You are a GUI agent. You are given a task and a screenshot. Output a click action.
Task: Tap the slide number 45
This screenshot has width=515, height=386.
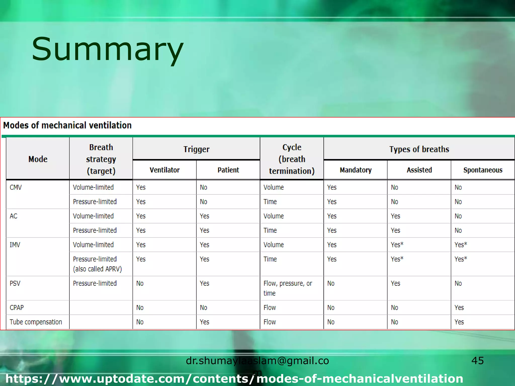[477, 361]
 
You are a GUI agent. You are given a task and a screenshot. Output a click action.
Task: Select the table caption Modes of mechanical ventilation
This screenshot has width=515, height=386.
[67, 125]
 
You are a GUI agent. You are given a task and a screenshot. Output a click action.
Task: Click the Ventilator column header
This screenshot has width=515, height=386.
[164, 170]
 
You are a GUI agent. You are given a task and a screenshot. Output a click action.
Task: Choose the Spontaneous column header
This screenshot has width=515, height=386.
[483, 170]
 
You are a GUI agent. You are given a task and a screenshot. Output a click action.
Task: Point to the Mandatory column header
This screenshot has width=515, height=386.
[356, 170]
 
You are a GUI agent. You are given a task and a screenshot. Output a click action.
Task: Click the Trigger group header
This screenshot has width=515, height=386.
[196, 149]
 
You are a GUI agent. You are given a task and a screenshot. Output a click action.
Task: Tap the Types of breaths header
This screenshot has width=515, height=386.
[419, 149]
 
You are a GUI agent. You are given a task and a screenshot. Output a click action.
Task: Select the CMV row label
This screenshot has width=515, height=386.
[16, 187]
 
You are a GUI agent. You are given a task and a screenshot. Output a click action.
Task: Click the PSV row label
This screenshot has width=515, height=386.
[15, 283]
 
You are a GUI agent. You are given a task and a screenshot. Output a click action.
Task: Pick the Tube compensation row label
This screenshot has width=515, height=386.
[36, 322]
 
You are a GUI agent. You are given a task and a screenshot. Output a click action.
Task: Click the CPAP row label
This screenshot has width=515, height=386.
[17, 308]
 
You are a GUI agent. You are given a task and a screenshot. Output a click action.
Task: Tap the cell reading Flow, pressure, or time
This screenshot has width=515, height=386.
[288, 288]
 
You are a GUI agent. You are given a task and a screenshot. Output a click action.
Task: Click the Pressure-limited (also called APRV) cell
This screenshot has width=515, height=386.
[97, 264]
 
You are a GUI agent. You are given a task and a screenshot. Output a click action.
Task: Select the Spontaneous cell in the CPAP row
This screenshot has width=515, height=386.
[459, 308]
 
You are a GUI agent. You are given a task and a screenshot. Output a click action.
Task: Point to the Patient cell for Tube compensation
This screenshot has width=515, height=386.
[204, 322]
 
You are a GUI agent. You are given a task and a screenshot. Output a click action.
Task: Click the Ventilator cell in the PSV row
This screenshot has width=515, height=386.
[140, 283]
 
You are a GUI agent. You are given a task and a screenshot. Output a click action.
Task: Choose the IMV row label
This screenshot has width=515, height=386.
[15, 245]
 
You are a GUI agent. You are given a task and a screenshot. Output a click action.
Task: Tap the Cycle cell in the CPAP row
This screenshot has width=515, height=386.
[270, 308]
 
